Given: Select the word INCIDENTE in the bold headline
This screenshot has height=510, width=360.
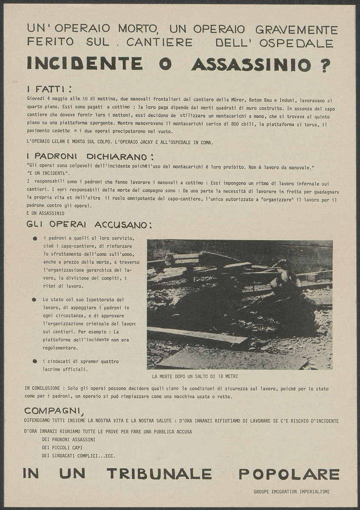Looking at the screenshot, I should (x=85, y=63).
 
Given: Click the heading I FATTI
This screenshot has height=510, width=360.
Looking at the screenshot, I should (x=49, y=89).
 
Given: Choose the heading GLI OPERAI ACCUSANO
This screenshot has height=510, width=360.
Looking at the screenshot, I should (x=89, y=224).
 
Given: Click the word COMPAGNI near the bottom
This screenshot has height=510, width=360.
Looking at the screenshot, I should (x=54, y=411).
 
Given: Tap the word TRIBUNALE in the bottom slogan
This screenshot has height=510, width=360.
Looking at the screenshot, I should (x=159, y=473).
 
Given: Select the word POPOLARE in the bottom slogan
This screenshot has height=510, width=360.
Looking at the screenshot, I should (x=289, y=473).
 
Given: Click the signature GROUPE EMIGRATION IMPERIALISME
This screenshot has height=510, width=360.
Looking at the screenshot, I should (x=292, y=492).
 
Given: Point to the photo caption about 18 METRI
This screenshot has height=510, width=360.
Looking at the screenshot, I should (x=195, y=377).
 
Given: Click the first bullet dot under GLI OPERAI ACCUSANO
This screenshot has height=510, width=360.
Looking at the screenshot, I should (x=35, y=238).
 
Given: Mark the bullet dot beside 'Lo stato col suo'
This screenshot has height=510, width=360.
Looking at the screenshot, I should (x=34, y=300).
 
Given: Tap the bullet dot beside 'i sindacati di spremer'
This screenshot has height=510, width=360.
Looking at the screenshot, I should (x=35, y=362).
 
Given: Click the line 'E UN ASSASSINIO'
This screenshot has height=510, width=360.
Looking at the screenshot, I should (x=45, y=212).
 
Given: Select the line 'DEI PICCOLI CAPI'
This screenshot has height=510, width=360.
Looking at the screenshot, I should (x=62, y=448).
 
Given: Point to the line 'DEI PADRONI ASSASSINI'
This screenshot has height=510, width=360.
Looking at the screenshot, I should (x=68, y=439).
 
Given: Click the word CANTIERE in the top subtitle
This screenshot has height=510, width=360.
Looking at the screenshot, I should (x=159, y=42).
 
